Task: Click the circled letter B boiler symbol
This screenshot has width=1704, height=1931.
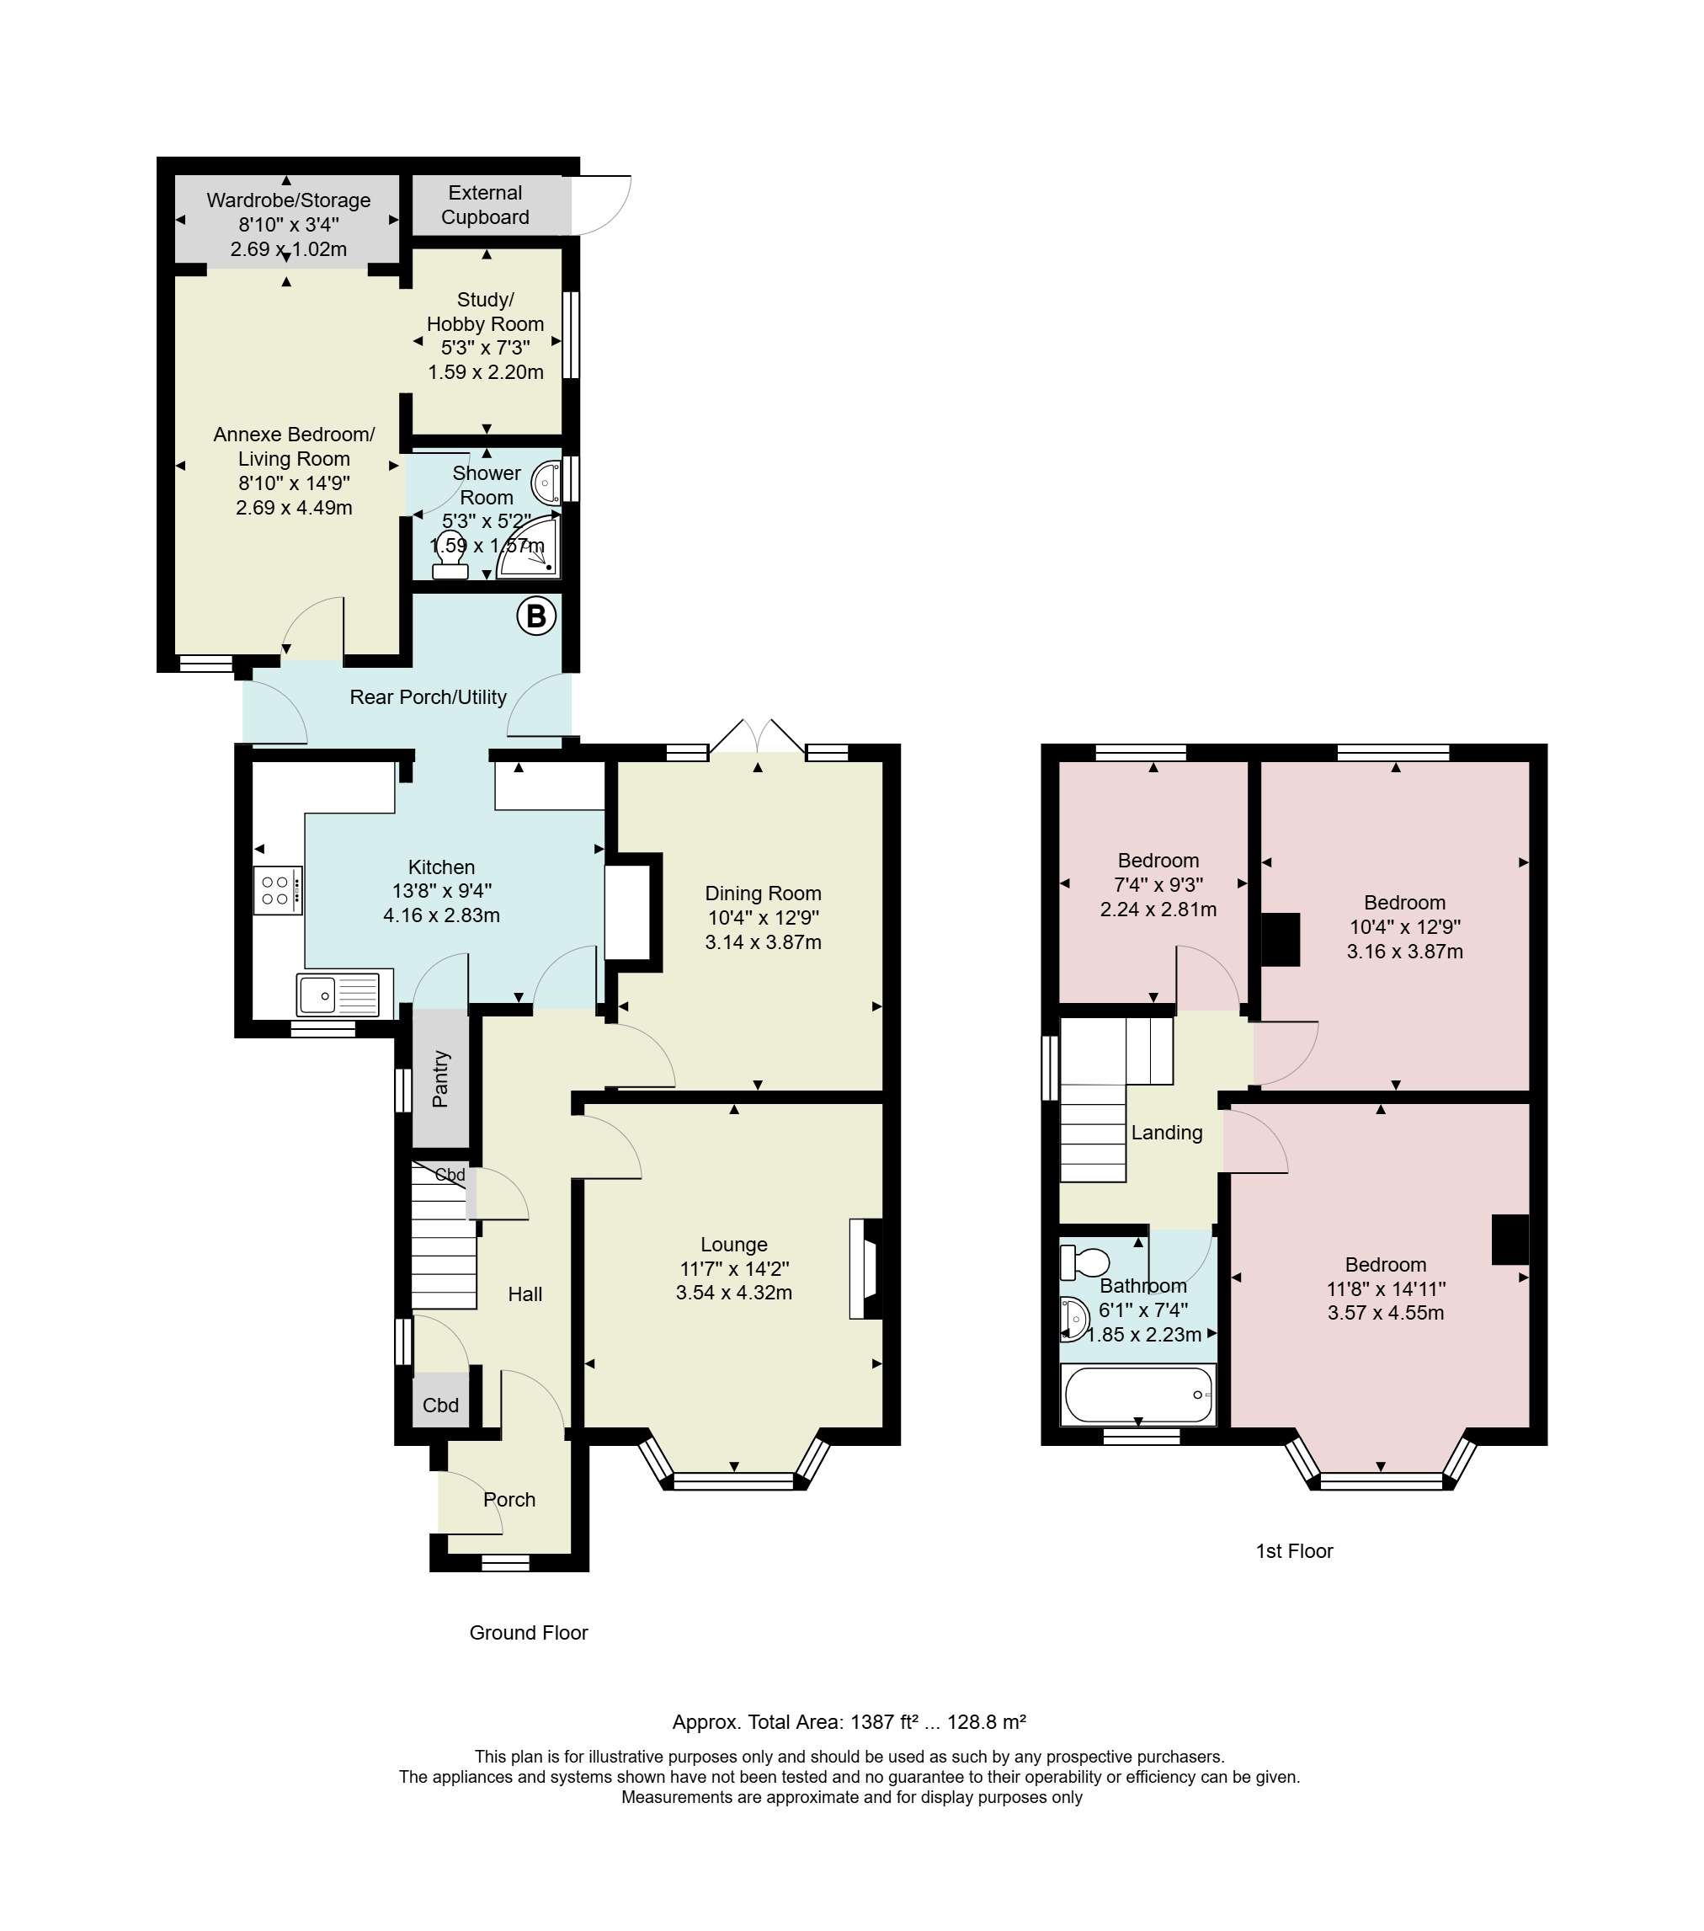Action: click(x=535, y=617)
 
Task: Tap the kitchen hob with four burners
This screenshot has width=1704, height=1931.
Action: click(x=278, y=891)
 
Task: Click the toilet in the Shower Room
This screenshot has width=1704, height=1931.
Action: click(x=450, y=556)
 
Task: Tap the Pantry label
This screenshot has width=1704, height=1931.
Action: click(x=440, y=1079)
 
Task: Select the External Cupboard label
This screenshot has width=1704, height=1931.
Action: click(x=486, y=205)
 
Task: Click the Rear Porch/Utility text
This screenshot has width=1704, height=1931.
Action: click(x=428, y=697)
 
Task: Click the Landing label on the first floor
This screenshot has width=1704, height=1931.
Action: click(x=1167, y=1133)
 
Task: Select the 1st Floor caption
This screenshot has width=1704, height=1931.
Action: click(x=1294, y=1551)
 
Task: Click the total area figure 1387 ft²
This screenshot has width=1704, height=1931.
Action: click(x=884, y=1722)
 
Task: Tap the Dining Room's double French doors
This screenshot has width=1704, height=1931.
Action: click(x=757, y=736)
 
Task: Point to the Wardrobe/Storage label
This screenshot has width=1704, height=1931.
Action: click(x=288, y=200)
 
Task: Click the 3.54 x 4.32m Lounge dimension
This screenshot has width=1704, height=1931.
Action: click(x=734, y=1294)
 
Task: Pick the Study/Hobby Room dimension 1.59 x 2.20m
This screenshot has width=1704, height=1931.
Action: click(x=486, y=372)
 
